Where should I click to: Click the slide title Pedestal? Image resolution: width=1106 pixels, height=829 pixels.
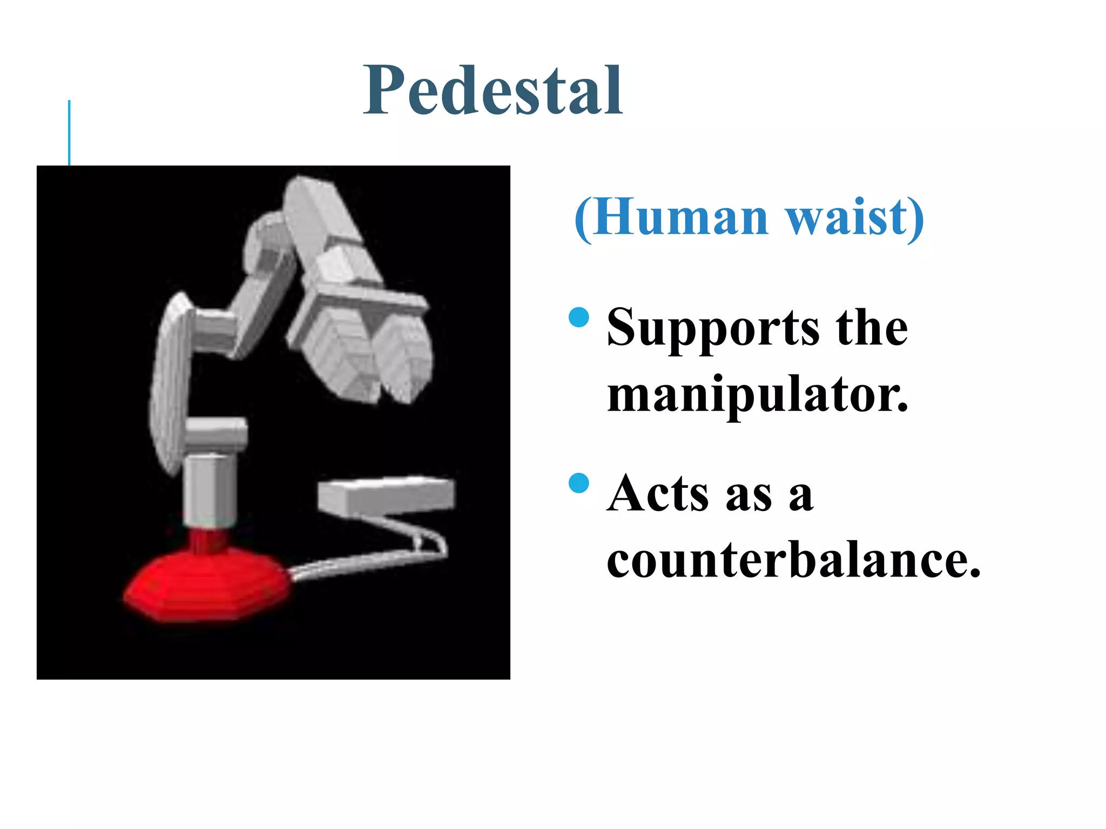tap(493, 91)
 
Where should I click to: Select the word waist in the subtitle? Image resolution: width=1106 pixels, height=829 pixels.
tap(848, 217)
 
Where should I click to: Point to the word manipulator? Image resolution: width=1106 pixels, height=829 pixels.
tap(757, 394)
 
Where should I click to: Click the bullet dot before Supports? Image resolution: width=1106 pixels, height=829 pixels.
tap(578, 317)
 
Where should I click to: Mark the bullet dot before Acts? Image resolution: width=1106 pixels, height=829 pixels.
tap(578, 483)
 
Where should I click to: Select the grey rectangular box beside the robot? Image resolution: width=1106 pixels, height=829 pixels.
tap(386, 494)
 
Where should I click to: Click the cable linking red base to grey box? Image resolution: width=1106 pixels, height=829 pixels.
tap(367, 561)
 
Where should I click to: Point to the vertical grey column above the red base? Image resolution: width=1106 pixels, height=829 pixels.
tap(210, 488)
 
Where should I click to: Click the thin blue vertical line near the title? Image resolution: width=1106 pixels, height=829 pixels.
tap(69, 132)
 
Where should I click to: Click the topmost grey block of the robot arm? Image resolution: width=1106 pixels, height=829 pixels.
tap(319, 210)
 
